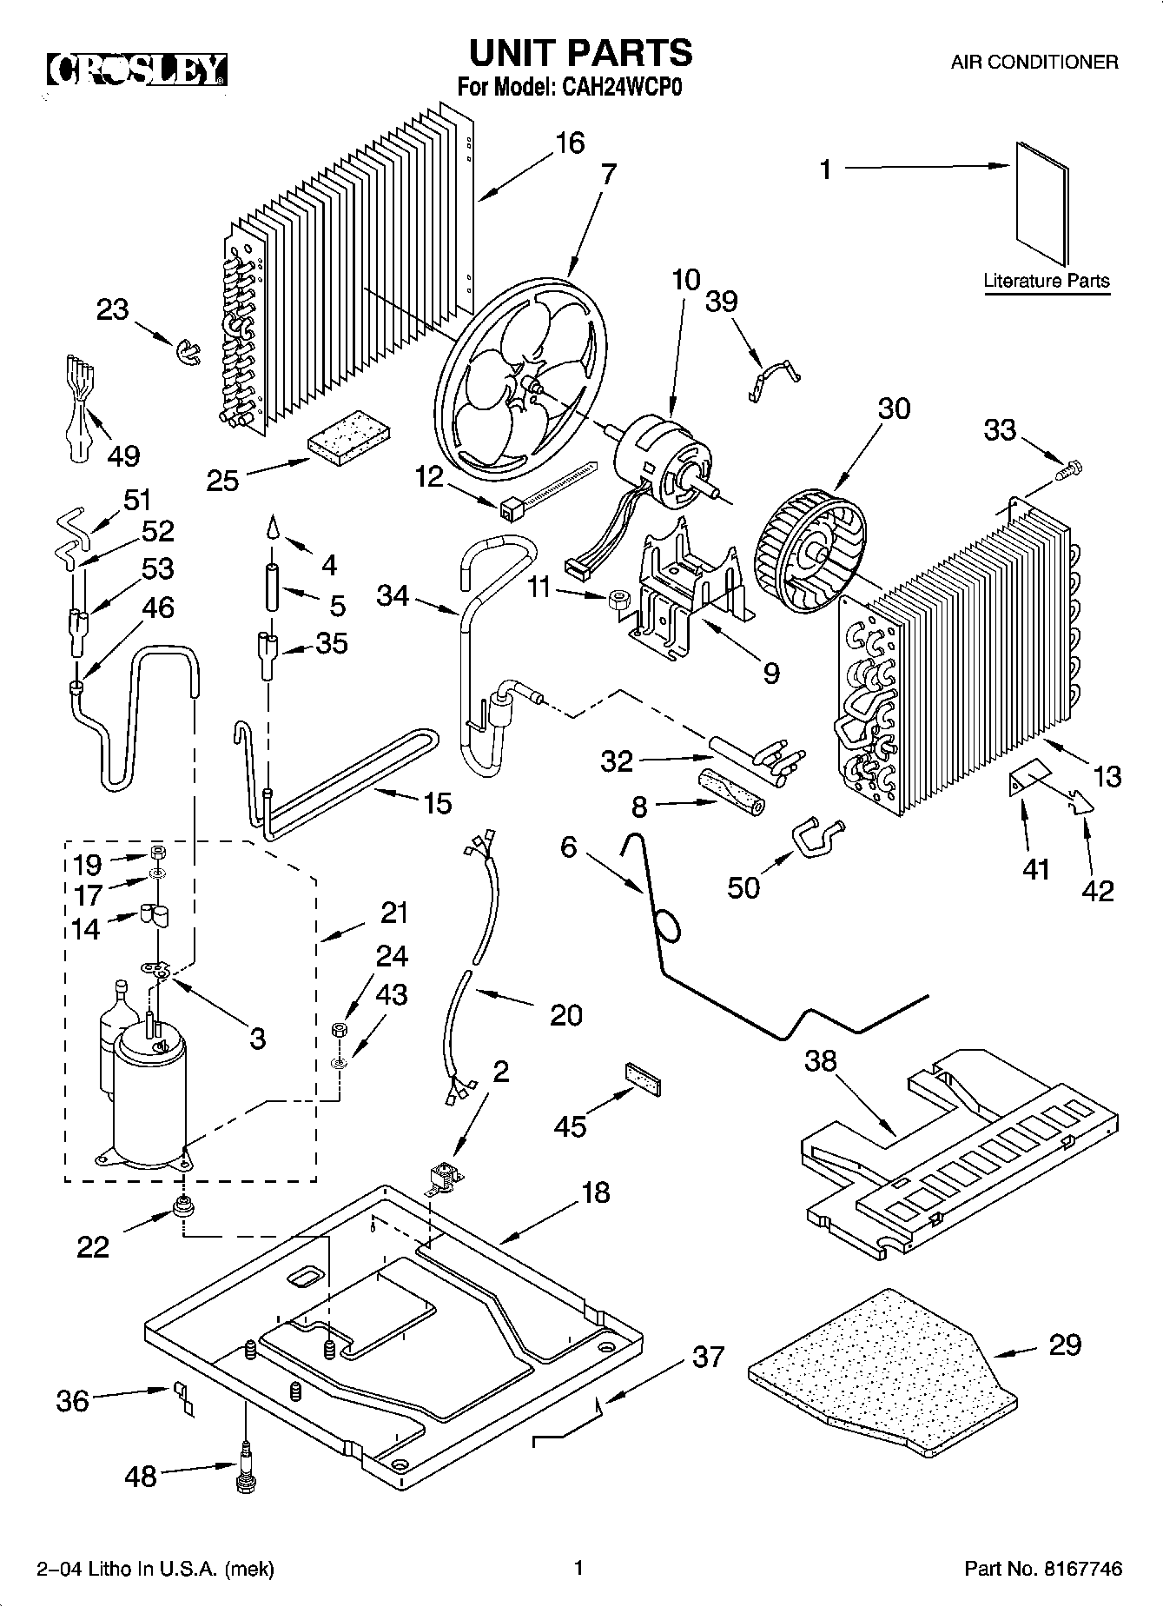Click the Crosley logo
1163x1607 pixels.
tap(136, 70)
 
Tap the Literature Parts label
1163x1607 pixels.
tap(1047, 281)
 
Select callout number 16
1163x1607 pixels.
tap(570, 143)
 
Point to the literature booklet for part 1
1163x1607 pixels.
tap(1042, 203)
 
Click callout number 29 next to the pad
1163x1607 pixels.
tap(1065, 1345)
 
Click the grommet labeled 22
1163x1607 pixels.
tap(183, 1205)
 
